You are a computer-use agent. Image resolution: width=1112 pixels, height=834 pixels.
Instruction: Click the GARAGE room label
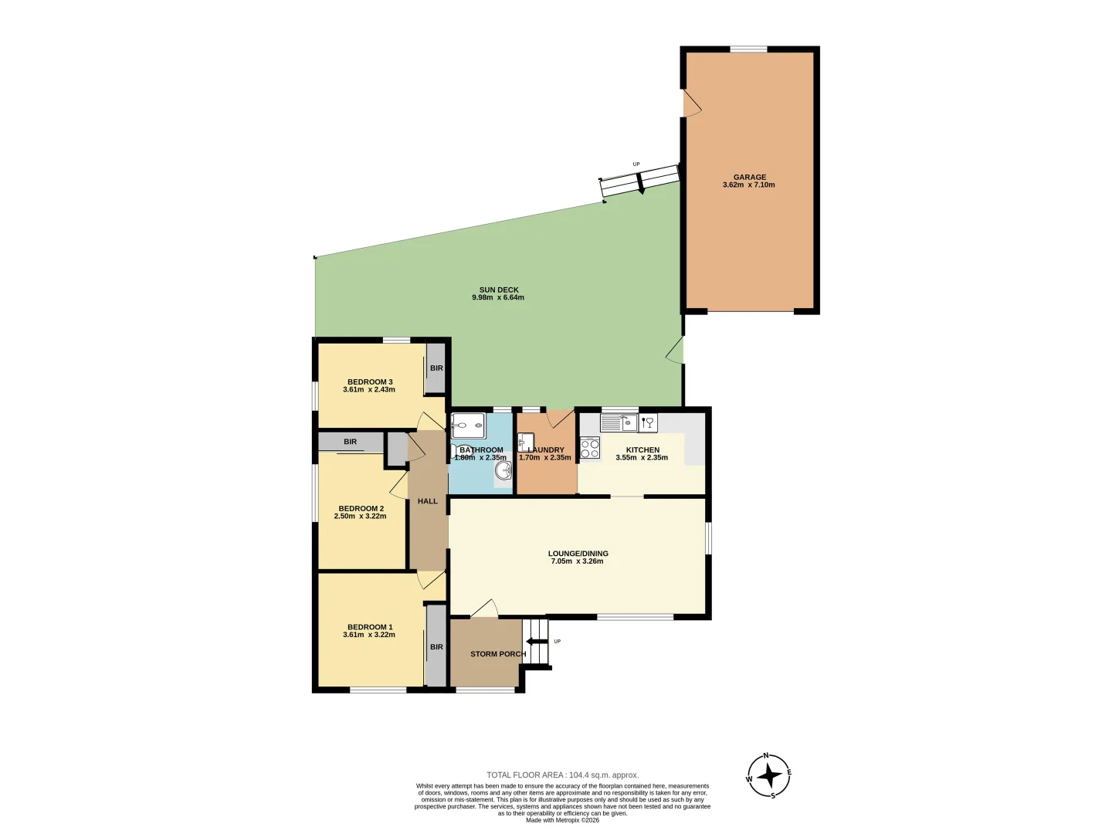click(x=749, y=177)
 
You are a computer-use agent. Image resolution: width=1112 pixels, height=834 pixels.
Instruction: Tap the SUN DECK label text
click(x=499, y=290)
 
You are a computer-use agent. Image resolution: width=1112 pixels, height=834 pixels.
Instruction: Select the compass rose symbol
click(x=768, y=775)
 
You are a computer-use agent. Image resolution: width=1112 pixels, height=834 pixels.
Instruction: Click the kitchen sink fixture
click(x=619, y=422)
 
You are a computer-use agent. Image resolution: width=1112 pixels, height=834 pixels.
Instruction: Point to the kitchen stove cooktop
click(x=589, y=448)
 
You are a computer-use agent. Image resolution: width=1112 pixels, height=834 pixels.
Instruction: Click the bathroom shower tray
click(x=468, y=425)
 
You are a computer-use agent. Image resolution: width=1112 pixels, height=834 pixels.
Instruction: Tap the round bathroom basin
click(x=503, y=470)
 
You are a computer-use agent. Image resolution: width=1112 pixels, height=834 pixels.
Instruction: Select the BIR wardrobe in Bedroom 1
click(x=436, y=646)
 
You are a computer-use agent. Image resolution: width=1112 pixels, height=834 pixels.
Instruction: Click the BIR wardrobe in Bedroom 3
click(x=436, y=368)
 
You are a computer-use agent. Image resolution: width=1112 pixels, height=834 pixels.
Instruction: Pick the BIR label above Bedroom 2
click(x=351, y=442)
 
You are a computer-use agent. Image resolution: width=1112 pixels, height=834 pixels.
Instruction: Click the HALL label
click(x=428, y=501)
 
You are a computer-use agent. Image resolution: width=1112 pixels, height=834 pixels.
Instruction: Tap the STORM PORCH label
click(x=497, y=654)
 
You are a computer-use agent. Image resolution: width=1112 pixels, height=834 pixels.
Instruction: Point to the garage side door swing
click(x=691, y=104)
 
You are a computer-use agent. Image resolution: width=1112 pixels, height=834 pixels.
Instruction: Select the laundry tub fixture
click(x=525, y=442)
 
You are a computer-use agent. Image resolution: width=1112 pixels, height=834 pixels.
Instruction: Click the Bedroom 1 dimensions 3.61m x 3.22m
click(x=369, y=635)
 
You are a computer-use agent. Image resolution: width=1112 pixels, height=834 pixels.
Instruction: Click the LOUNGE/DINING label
click(x=578, y=553)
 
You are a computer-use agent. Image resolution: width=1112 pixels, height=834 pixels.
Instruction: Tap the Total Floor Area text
click(x=562, y=775)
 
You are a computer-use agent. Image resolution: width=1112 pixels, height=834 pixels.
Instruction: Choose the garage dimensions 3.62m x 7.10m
click(x=749, y=185)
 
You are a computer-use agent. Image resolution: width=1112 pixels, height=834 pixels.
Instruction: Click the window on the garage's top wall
click(x=748, y=49)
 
